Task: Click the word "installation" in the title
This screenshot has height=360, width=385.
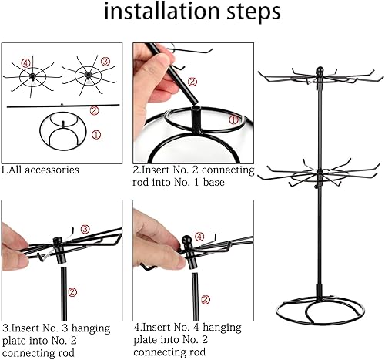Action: tap(161, 11)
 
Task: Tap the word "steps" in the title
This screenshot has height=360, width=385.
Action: tap(253, 12)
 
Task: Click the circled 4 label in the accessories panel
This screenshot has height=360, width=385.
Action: tap(26, 62)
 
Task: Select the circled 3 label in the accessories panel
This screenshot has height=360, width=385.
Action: tap(105, 62)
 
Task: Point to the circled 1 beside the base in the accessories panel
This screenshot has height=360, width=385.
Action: tap(96, 135)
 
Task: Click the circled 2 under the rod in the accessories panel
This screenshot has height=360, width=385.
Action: tap(95, 110)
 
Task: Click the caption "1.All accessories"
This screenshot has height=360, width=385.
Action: tap(40, 170)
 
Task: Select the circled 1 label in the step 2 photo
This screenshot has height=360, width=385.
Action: tap(233, 119)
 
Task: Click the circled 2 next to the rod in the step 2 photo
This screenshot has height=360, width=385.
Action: tap(192, 82)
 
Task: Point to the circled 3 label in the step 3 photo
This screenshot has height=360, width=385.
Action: tap(85, 229)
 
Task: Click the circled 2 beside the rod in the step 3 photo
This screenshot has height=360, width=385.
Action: tap(72, 292)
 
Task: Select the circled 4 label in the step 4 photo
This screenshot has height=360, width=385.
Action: tap(200, 237)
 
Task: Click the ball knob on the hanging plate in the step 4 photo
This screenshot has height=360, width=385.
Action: tap(187, 241)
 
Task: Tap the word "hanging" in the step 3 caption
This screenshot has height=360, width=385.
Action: tap(91, 329)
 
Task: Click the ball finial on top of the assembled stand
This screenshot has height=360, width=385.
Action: tap(320, 70)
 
